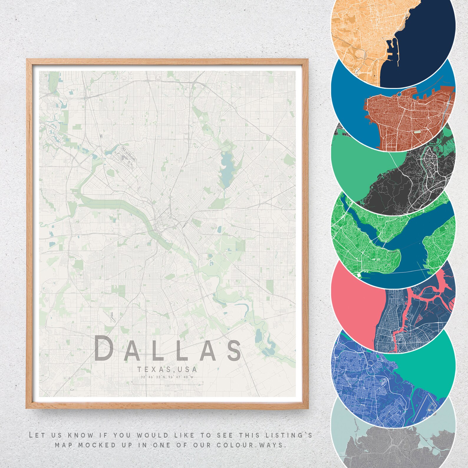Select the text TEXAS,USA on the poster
[167, 369]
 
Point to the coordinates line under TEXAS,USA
[167, 377]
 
